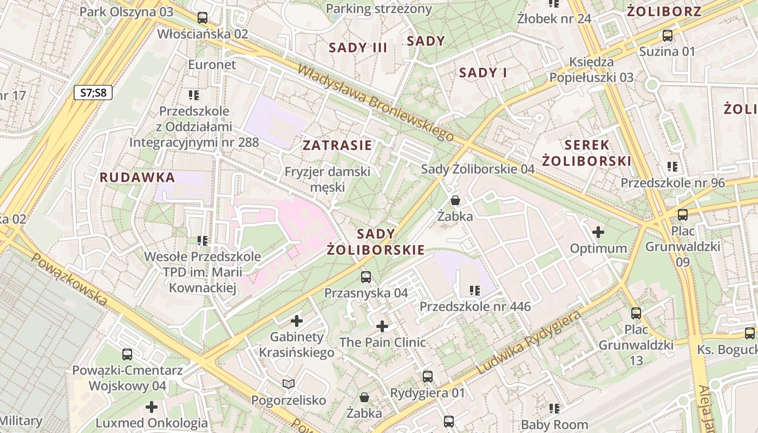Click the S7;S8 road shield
[x=93, y=93]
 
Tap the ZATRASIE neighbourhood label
[x=337, y=145]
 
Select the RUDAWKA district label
[x=138, y=178]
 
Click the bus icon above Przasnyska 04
[x=366, y=277]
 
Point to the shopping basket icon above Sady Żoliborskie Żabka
[x=455, y=201]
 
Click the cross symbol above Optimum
[x=598, y=233]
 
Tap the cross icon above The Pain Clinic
[x=382, y=326]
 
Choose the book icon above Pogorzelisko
[x=289, y=384]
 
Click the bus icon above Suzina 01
[x=668, y=36]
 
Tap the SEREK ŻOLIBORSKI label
[x=587, y=153]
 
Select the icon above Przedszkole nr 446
[x=475, y=291]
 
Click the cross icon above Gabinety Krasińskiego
[x=296, y=321]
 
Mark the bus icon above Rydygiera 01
[x=428, y=376]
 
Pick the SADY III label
[x=358, y=48]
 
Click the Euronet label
[x=212, y=65]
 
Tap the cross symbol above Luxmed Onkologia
[x=152, y=407]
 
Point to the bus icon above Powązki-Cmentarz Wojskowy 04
[x=127, y=355]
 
